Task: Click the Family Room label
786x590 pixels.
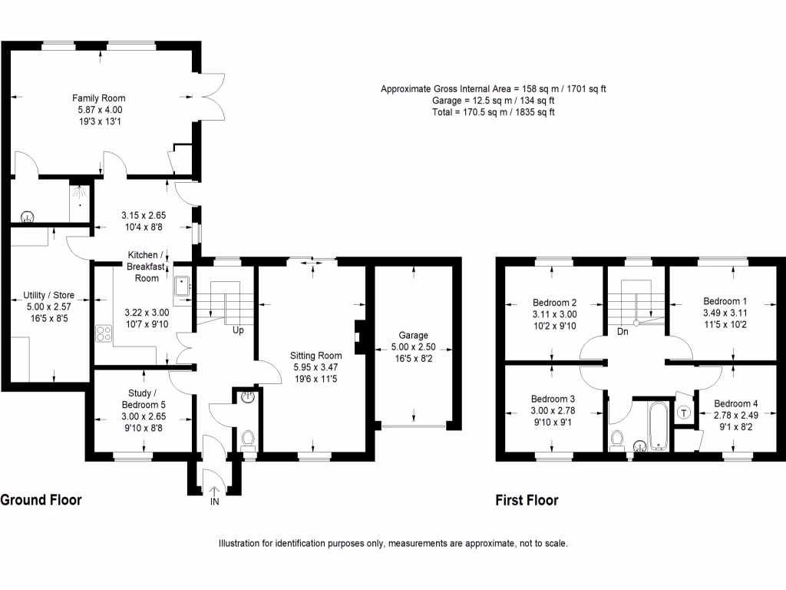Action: (x=98, y=98)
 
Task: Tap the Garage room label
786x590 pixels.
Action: (x=413, y=336)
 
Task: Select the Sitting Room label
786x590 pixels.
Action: (x=315, y=356)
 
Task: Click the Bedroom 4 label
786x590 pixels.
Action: (x=735, y=404)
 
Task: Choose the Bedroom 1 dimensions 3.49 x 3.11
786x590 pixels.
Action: (x=725, y=313)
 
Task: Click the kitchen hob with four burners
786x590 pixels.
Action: (x=103, y=334)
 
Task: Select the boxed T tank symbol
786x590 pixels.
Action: (x=684, y=413)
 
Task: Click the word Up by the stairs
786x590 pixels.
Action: (x=239, y=332)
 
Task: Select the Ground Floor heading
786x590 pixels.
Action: (x=41, y=500)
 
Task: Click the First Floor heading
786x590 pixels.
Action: (x=527, y=501)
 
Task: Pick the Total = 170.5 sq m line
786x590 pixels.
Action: (x=493, y=112)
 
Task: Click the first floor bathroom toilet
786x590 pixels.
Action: (x=617, y=440)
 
